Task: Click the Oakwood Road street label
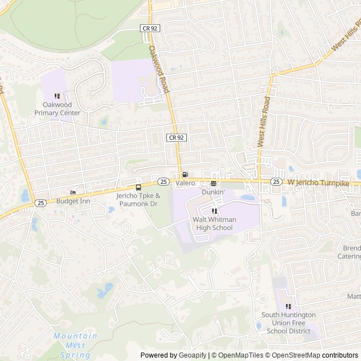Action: [160, 69]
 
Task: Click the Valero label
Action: [185, 183]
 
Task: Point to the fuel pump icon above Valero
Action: [185, 174]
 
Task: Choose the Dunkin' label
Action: [213, 192]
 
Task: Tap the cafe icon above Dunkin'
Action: [213, 183]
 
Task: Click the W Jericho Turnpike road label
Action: [323, 182]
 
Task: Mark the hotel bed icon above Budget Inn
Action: [73, 192]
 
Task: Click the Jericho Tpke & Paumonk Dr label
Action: [138, 199]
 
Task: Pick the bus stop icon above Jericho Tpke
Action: [138, 187]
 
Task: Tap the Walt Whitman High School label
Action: [214, 223]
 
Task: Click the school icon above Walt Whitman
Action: [214, 211]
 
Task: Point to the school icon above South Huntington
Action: [288, 306]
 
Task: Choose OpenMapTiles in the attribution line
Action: [241, 355]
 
